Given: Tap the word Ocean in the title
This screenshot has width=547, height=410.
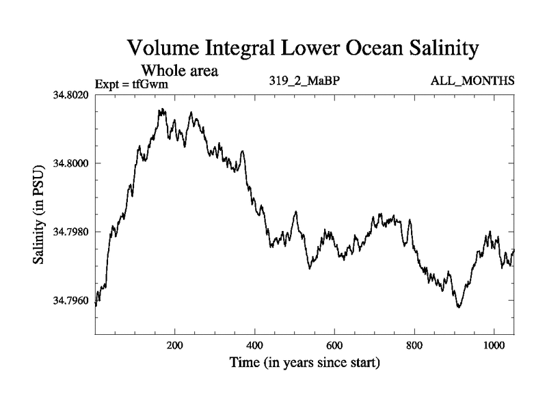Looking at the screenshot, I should click(x=353, y=49).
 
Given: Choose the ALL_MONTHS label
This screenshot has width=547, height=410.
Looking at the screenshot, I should click(x=472, y=81).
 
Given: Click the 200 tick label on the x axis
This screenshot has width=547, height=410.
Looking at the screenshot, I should click(x=175, y=345).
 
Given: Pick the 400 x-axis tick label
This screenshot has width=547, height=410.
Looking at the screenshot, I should click(x=255, y=345).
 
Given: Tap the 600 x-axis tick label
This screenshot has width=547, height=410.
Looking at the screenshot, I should click(x=334, y=345).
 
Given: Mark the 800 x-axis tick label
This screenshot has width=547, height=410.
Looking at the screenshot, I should click(x=414, y=345).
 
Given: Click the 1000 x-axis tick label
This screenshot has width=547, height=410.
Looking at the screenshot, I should click(x=494, y=345).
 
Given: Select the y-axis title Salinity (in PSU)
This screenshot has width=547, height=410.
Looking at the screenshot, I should click(x=39, y=213).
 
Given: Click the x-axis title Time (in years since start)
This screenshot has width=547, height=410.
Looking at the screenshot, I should click(x=304, y=362).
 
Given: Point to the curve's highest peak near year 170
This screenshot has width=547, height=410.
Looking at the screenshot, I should click(x=162, y=109).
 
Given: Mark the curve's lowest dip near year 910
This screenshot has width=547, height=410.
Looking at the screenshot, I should click(x=459, y=307).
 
